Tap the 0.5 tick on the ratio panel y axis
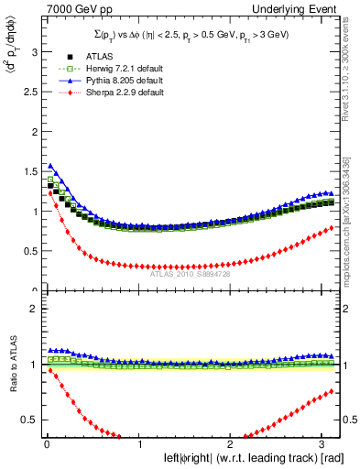coord(30,420)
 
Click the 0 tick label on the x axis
coord(47,444)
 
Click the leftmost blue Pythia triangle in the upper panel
coord(50,166)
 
